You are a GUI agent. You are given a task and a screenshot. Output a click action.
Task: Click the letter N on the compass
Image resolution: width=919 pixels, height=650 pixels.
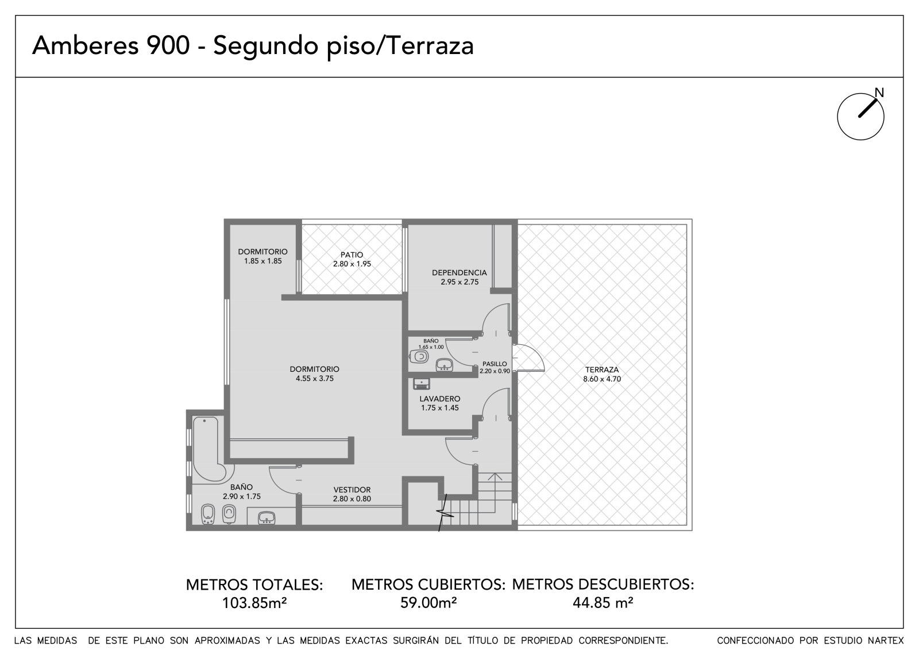click(x=879, y=93)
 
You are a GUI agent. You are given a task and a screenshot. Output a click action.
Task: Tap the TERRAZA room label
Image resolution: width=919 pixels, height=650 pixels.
click(x=602, y=370)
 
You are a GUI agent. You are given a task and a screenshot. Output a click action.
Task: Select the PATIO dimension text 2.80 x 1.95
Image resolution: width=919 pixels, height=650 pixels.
click(x=352, y=264)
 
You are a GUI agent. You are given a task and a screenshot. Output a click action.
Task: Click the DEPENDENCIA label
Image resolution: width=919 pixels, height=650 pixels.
click(x=459, y=272)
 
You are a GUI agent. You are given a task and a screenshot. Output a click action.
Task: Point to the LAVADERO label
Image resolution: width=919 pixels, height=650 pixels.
click(x=440, y=399)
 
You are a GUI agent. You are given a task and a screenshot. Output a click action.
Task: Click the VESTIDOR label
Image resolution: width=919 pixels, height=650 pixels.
click(x=352, y=490)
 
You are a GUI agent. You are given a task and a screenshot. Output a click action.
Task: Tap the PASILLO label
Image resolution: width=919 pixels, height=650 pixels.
click(x=495, y=364)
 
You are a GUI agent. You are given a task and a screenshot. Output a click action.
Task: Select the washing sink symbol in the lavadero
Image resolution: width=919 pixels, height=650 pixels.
click(x=422, y=384)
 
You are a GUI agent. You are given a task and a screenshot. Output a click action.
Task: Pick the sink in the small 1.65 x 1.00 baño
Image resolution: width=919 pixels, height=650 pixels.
click(x=444, y=364)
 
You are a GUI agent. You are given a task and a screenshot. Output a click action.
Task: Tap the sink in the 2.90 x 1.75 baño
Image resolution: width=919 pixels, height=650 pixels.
click(x=267, y=518)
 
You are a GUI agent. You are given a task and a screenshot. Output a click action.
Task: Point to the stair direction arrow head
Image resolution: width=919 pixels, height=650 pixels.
click(x=495, y=477)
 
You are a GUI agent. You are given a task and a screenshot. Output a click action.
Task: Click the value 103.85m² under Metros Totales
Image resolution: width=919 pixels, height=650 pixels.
click(x=254, y=603)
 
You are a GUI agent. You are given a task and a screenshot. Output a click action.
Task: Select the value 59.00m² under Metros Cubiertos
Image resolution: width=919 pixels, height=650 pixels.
click(x=428, y=603)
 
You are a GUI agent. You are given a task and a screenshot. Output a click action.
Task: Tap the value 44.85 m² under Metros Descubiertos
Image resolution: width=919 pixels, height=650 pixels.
click(x=603, y=603)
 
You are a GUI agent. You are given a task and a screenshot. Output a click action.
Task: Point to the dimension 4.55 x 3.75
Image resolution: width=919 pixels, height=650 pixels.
click(x=315, y=379)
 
